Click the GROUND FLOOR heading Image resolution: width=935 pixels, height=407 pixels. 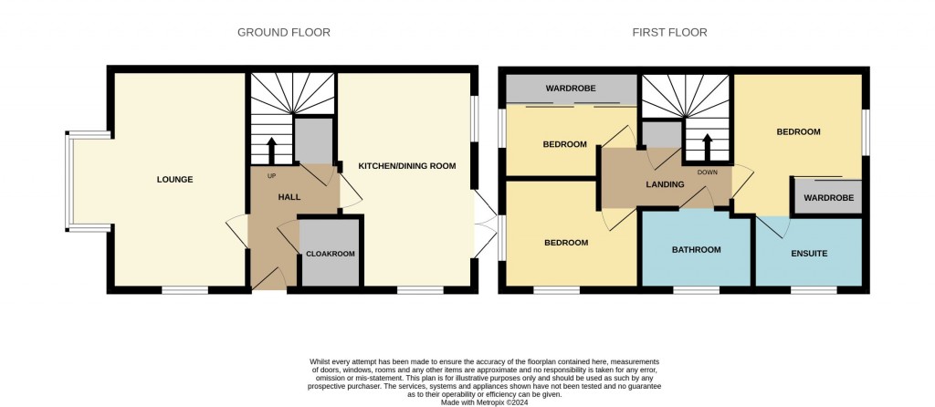pos(284,33)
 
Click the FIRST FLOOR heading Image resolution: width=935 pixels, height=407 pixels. pos(669,33)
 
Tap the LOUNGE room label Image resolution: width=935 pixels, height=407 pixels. pos(174,180)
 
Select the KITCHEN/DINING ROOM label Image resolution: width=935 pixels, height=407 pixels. pos(406,165)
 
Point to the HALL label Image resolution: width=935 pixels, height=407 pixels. pos(289,197)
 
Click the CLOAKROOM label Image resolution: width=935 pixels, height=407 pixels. pos(330,254)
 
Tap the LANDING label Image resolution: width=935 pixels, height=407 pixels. pos(665,185)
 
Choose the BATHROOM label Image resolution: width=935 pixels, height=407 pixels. pos(697,250)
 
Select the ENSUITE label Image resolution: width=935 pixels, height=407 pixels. pos(809,253)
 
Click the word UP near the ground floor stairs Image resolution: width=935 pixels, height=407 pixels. pos(271,175)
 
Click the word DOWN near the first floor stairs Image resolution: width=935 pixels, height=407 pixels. pos(707,172)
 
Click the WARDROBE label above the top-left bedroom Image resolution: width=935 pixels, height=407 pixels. pos(571,89)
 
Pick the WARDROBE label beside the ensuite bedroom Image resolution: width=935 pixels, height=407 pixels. pos(828,198)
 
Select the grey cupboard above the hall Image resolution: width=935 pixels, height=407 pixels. pos(312,141)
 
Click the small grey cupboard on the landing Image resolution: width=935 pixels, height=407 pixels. pos(660,135)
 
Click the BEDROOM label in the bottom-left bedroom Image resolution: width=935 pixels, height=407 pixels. pos(566,243)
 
